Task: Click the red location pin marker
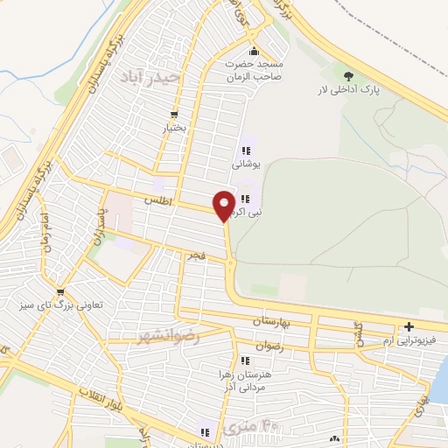point(224,205)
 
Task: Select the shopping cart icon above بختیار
point(175,115)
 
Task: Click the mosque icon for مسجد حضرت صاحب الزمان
point(254,49)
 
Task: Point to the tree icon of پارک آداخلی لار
point(349,76)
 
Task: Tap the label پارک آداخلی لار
point(350,90)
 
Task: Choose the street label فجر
point(192,255)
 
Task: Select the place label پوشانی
point(246,163)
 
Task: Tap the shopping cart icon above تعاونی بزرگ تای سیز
point(59,292)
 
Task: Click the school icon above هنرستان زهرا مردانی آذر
point(241,360)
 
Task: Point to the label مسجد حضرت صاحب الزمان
point(254,70)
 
